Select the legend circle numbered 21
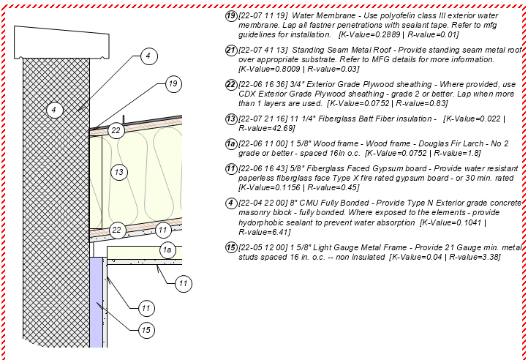(x=231, y=50)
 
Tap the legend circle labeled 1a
(x=231, y=145)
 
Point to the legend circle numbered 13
(x=231, y=119)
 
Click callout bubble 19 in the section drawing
(x=173, y=84)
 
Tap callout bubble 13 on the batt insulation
(x=119, y=172)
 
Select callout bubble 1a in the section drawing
(x=167, y=250)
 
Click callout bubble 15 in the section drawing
(x=146, y=330)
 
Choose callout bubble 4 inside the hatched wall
(x=53, y=110)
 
